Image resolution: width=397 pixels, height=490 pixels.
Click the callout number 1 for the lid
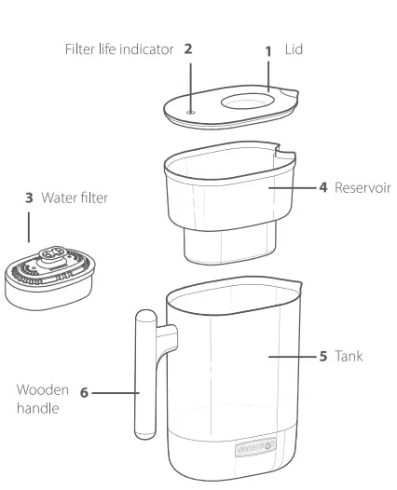pyautogui.click(x=267, y=51)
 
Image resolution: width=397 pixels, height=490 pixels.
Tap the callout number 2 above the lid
pyautogui.click(x=188, y=49)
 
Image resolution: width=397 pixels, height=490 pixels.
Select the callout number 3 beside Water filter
pyautogui.click(x=29, y=197)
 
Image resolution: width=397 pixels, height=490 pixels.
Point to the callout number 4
pyautogui.click(x=323, y=187)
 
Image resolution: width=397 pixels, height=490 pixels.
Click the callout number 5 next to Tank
pyautogui.click(x=323, y=356)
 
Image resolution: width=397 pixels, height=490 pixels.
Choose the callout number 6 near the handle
pyautogui.click(x=84, y=393)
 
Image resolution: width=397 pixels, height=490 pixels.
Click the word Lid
pyautogui.click(x=294, y=49)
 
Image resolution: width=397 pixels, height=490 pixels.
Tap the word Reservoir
pyautogui.click(x=363, y=188)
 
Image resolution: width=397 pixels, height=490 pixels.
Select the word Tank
pyautogui.click(x=349, y=356)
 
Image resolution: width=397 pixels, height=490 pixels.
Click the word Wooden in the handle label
pyautogui.click(x=43, y=390)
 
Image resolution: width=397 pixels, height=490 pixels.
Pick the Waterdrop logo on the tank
pyautogui.click(x=256, y=448)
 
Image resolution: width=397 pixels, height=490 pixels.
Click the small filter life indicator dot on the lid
pyautogui.click(x=191, y=112)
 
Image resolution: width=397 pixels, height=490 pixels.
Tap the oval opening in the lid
pyautogui.click(x=248, y=102)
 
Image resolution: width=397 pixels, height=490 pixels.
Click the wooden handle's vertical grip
pyautogui.click(x=145, y=374)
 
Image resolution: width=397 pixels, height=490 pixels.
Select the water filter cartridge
pyautogui.click(x=49, y=279)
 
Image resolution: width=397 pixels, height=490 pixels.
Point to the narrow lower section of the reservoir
pyautogui.click(x=230, y=245)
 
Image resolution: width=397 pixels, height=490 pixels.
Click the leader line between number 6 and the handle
pyautogui.click(x=116, y=393)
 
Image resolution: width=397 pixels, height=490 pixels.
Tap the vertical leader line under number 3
pyautogui.click(x=29, y=227)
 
